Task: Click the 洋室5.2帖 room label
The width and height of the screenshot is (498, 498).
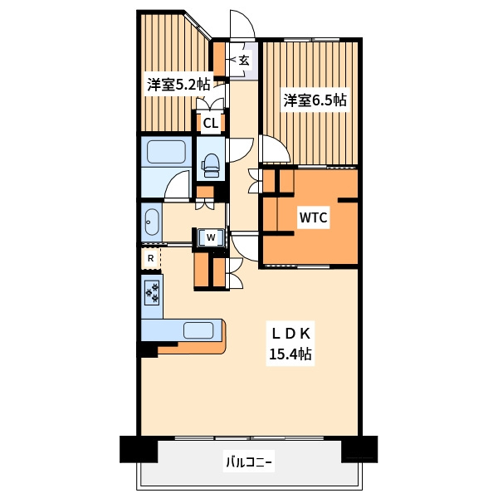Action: (178, 85)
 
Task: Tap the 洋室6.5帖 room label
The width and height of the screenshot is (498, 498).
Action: (315, 100)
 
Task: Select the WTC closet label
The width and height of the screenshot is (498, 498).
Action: (313, 217)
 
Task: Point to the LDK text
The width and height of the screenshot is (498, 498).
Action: (290, 334)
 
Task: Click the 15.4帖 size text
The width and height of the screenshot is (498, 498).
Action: (290, 354)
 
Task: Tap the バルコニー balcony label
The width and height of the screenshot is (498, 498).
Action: (249, 461)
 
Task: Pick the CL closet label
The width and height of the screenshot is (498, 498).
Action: (211, 123)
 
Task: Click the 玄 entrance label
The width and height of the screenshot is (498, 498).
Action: (244, 60)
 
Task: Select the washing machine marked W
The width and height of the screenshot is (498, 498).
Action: (211, 237)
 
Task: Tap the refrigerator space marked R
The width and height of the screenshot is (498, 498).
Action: (151, 258)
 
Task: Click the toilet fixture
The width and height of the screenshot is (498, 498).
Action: (211, 165)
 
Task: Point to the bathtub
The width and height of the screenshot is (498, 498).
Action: (166, 152)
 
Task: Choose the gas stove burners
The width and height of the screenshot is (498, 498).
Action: (152, 292)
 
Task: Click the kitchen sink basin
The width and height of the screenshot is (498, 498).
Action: (198, 330)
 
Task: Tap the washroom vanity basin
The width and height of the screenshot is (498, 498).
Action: (152, 222)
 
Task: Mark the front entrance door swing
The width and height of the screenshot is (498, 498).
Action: (242, 24)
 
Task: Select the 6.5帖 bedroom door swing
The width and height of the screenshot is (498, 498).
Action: (275, 149)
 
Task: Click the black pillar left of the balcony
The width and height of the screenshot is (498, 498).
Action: (139, 449)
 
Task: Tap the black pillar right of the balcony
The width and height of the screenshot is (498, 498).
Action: (359, 449)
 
